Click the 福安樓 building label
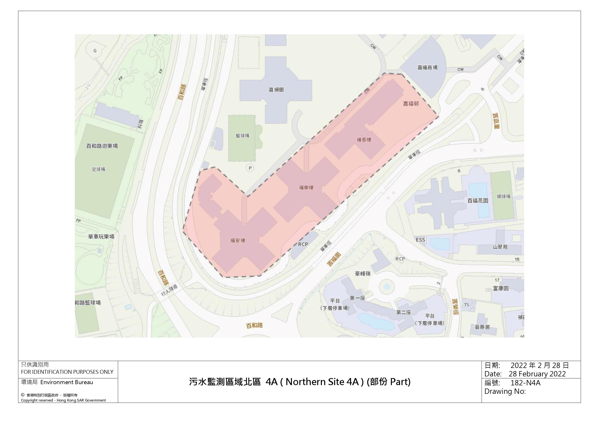[238, 240]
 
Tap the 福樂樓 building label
[306, 188]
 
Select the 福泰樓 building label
[364, 140]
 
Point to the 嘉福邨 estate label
[411, 104]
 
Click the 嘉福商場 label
[427, 67]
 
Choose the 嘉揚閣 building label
[276, 90]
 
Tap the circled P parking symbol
[250, 168]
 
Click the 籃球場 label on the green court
[242, 136]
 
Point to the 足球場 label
[98, 169]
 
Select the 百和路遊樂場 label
[102, 146]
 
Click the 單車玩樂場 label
[101, 237]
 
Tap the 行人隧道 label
[169, 290]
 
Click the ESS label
[420, 240]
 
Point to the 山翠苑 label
[500, 247]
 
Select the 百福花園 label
[478, 201]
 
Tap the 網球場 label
[504, 196]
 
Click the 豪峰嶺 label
[362, 274]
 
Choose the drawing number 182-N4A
[525, 383]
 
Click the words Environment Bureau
[67, 382]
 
